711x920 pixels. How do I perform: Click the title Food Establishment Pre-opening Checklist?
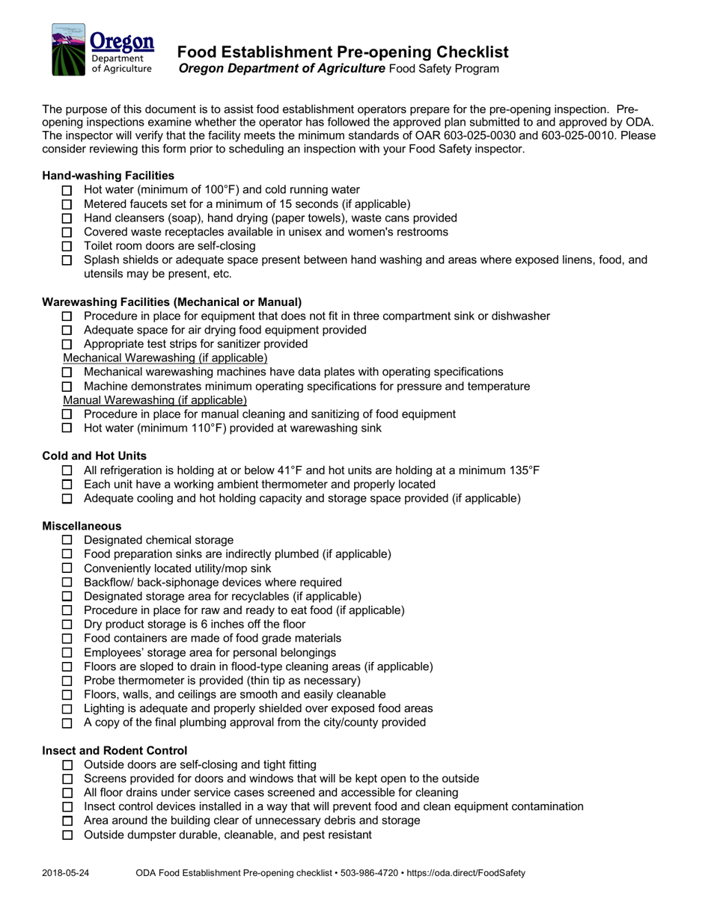(x=343, y=52)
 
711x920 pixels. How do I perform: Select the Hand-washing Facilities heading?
(x=108, y=176)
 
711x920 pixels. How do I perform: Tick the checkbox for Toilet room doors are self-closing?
(x=67, y=246)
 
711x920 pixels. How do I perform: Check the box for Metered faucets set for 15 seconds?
(x=67, y=204)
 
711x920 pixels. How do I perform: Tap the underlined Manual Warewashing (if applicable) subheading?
(x=155, y=400)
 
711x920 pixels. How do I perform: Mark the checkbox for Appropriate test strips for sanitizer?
(x=67, y=344)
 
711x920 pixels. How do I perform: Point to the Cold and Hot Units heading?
(x=94, y=456)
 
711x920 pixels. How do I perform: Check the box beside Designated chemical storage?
(x=67, y=540)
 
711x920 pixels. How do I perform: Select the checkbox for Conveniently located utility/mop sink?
(x=67, y=568)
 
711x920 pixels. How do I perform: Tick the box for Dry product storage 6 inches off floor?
(x=67, y=625)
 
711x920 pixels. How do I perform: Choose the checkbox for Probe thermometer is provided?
(x=67, y=681)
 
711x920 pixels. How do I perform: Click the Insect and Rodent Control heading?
(x=115, y=750)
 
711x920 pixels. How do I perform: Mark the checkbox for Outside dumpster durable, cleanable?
(x=67, y=835)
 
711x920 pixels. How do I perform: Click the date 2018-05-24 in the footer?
(x=66, y=873)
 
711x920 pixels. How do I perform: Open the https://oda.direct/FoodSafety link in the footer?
(x=466, y=873)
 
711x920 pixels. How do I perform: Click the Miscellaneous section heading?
(x=82, y=526)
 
